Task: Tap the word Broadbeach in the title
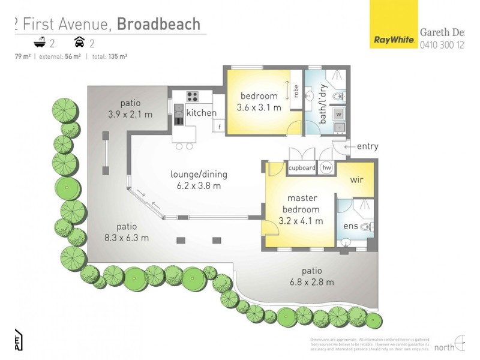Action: coord(158,23)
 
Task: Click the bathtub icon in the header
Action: coord(40,43)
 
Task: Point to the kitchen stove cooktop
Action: coord(193,96)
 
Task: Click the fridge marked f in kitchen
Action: coord(219,126)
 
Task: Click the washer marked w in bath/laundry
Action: coord(338,113)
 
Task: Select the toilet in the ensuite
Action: coord(368,227)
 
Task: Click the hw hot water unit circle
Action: coord(327,168)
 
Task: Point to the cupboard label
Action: coord(302,168)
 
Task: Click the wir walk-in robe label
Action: coord(358,180)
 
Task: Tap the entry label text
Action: coord(367,146)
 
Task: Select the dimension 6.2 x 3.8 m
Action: coord(198,186)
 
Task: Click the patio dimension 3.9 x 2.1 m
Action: coord(130,114)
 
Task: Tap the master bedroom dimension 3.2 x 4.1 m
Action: coord(301,221)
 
